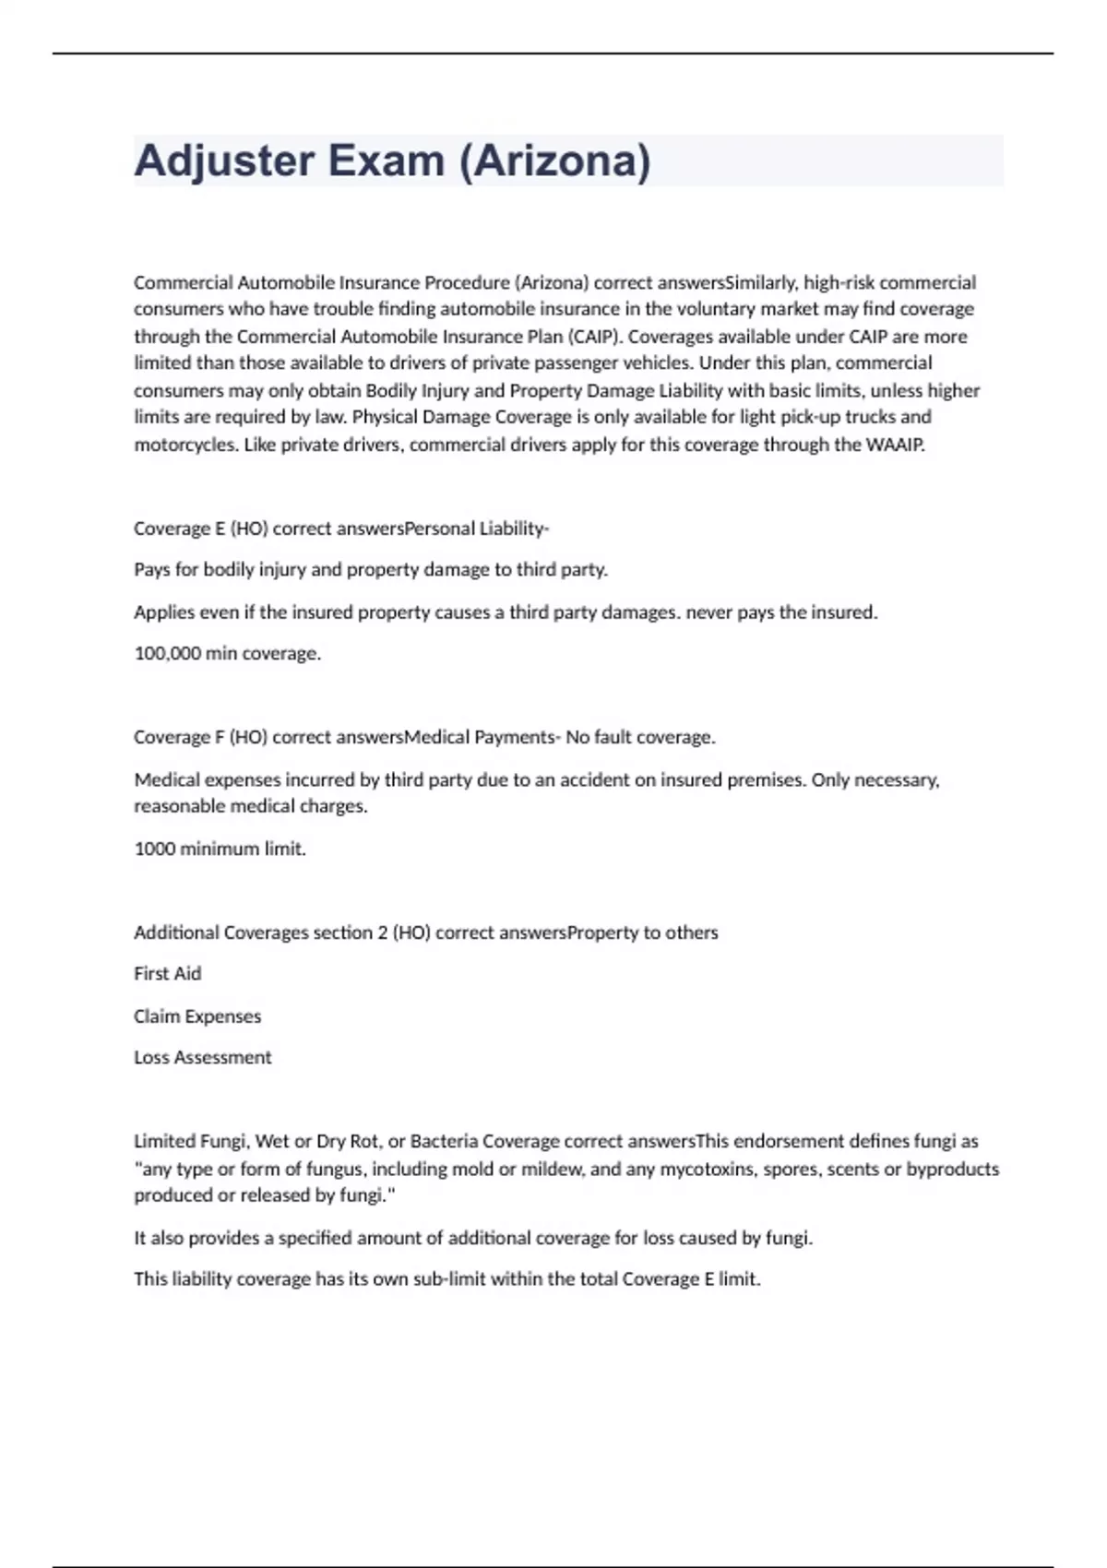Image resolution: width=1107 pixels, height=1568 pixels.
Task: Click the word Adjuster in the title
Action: (x=224, y=161)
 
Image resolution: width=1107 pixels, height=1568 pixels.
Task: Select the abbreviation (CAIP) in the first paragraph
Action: (x=595, y=336)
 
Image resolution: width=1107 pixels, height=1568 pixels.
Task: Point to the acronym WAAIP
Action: (x=894, y=445)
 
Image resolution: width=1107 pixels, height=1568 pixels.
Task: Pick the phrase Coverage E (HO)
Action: (x=201, y=529)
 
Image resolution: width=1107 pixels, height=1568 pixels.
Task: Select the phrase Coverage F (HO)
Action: (x=201, y=737)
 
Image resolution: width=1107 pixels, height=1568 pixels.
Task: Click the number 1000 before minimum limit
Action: (x=154, y=849)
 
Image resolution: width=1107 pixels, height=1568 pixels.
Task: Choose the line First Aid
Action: (x=167, y=973)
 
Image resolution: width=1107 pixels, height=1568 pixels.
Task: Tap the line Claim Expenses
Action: (x=197, y=1016)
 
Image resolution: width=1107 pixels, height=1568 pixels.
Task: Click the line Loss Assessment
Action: (x=203, y=1057)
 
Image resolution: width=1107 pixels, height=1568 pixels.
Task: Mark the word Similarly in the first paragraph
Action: (x=760, y=282)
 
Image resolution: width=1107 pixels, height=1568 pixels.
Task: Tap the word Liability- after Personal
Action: (x=514, y=529)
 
